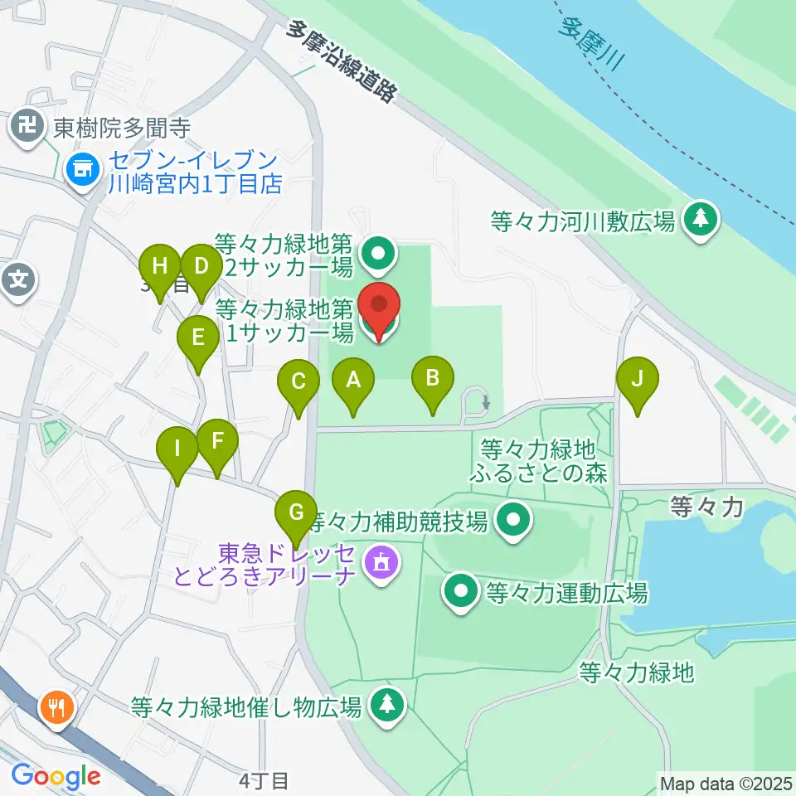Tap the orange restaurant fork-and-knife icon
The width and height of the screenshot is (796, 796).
point(57,707)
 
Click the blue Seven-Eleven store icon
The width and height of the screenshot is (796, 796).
point(83,170)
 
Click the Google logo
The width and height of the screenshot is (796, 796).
point(56,776)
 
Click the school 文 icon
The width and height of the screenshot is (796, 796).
point(18,279)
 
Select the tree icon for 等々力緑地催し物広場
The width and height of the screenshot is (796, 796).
point(386,705)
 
